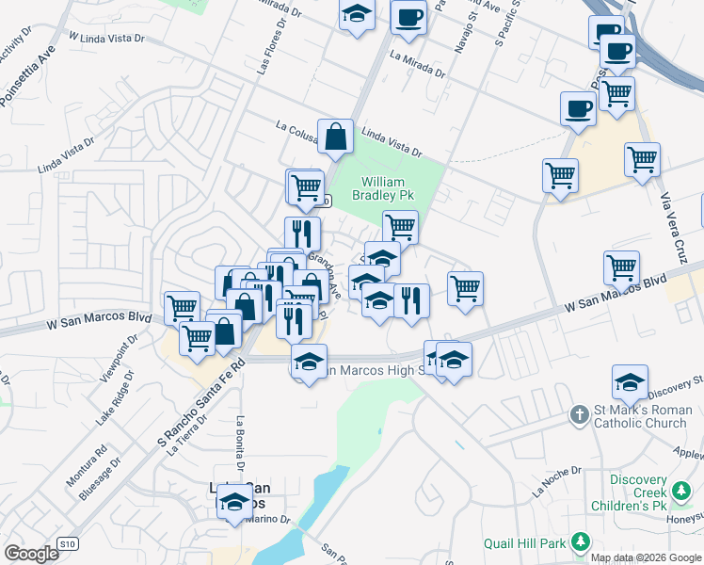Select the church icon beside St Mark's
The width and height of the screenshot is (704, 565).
tap(581, 414)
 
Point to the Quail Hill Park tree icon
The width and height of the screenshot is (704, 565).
tap(581, 541)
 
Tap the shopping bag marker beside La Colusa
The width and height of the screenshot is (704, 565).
tap(335, 137)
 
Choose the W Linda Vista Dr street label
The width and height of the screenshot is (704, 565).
tap(106, 37)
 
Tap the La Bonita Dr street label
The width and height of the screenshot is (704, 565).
tap(241, 444)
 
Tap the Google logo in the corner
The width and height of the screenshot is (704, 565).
tap(32, 554)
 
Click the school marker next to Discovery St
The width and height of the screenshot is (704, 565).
tap(630, 382)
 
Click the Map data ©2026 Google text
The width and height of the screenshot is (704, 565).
tap(646, 557)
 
